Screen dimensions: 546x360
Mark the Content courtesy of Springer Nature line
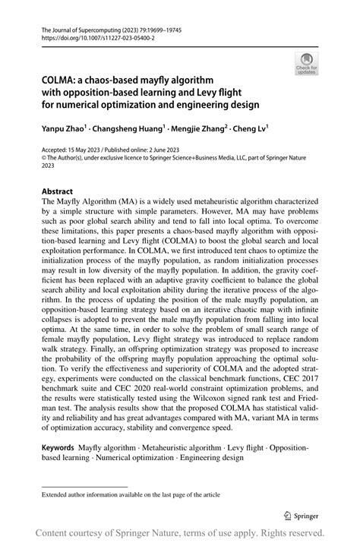click(x=180, y=533)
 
